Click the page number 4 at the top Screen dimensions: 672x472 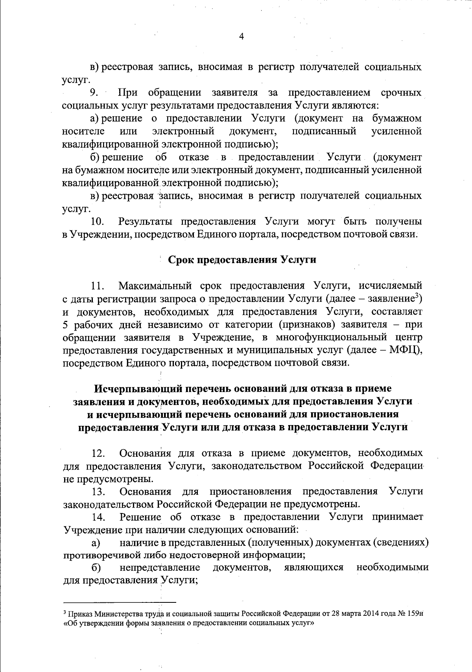(241, 37)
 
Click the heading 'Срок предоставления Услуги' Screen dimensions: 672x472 (242, 260)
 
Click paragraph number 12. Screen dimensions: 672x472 (98, 453)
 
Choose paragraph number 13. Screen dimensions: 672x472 (98, 492)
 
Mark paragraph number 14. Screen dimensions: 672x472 (98, 517)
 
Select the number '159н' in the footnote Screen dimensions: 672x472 (414, 614)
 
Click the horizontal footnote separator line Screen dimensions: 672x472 (120, 602)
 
